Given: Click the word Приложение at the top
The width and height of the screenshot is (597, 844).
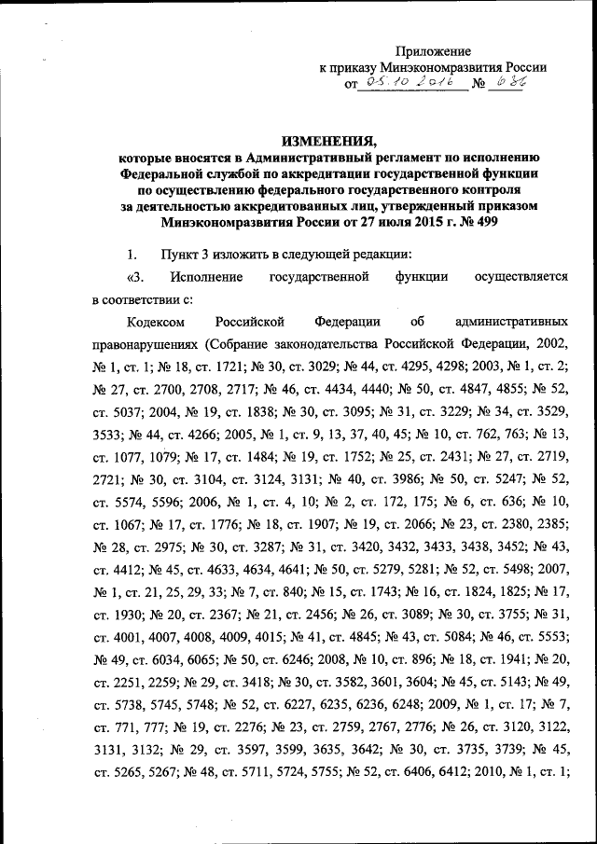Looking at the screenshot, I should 433,51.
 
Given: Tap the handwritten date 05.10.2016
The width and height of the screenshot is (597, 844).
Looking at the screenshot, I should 411,86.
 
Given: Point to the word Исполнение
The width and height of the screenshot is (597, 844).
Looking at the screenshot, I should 206,277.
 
